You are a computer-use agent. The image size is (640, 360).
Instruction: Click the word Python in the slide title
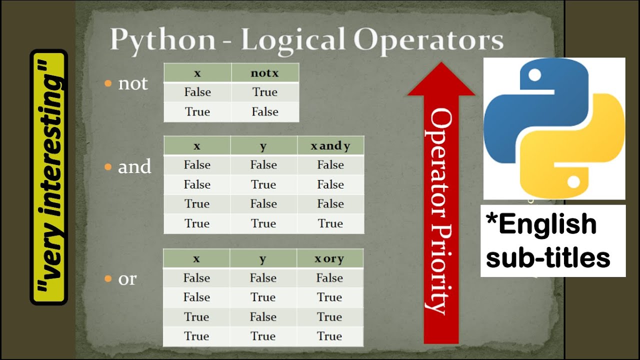click(162, 40)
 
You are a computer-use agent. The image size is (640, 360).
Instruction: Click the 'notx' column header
click(264, 73)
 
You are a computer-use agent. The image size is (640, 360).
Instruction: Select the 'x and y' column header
click(330, 146)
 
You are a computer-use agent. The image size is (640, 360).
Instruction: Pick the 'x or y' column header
click(329, 258)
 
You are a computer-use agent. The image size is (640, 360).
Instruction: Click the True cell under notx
click(264, 92)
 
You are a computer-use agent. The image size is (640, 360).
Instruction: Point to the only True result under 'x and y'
click(330, 223)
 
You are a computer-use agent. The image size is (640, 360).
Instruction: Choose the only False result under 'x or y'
click(329, 278)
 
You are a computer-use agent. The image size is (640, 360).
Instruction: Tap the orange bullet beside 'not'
click(108, 83)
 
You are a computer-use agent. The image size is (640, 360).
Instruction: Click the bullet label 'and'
click(134, 166)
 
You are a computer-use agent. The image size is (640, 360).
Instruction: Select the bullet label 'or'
click(127, 279)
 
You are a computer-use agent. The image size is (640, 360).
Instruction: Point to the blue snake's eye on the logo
click(534, 76)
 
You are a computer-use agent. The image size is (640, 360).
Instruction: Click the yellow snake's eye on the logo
click(574, 181)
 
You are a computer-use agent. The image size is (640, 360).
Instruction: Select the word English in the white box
click(547, 224)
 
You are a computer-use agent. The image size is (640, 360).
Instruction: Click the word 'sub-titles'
click(548, 257)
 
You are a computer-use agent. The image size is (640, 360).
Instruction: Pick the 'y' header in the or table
click(263, 258)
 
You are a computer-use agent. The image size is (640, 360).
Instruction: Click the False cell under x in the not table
click(197, 92)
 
